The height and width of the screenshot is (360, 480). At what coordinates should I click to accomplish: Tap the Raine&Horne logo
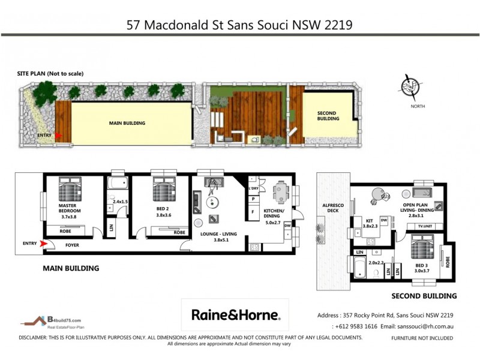[x=235, y=314]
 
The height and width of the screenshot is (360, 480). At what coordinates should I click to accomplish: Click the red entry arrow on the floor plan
[x=43, y=244]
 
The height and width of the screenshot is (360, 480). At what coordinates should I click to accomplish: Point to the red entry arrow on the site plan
[x=58, y=136]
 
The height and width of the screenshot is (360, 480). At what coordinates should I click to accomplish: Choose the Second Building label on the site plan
[x=327, y=116]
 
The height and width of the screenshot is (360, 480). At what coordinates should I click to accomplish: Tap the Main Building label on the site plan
[x=127, y=123]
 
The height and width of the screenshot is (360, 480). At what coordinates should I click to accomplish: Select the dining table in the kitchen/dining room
[x=280, y=193]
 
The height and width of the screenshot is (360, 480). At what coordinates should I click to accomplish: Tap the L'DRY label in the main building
[x=253, y=188]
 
